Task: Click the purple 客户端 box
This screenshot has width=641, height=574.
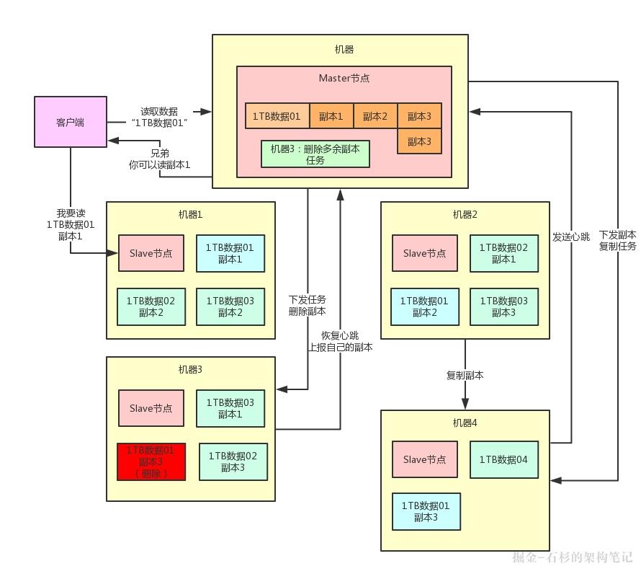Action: (x=71, y=122)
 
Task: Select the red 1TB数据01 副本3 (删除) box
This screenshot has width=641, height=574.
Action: (x=151, y=462)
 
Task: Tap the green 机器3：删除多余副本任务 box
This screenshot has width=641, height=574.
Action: (x=315, y=154)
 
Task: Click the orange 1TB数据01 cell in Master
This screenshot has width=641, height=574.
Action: (x=277, y=116)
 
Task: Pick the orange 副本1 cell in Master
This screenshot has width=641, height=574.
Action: (x=331, y=116)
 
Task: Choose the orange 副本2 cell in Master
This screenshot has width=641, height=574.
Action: (x=375, y=116)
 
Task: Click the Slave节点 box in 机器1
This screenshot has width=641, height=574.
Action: (x=151, y=253)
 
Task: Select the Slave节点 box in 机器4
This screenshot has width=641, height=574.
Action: (x=425, y=459)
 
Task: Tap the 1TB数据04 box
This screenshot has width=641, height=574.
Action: (x=503, y=459)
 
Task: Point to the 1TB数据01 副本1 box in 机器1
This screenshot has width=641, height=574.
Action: (x=230, y=253)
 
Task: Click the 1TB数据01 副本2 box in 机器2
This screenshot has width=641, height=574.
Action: (x=425, y=306)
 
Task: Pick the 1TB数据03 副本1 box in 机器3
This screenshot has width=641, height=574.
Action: (x=230, y=408)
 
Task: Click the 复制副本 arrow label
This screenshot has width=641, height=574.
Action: (x=465, y=375)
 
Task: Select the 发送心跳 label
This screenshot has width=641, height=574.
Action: (x=571, y=237)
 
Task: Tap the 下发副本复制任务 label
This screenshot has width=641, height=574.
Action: (x=618, y=240)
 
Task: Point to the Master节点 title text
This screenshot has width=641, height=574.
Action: (x=344, y=78)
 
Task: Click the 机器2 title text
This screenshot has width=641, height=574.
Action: (x=465, y=214)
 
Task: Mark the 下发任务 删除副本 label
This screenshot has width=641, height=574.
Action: (x=308, y=306)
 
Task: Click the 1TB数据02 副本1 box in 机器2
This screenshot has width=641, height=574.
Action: (x=503, y=253)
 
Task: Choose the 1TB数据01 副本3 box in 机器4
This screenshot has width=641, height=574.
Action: (x=426, y=511)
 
